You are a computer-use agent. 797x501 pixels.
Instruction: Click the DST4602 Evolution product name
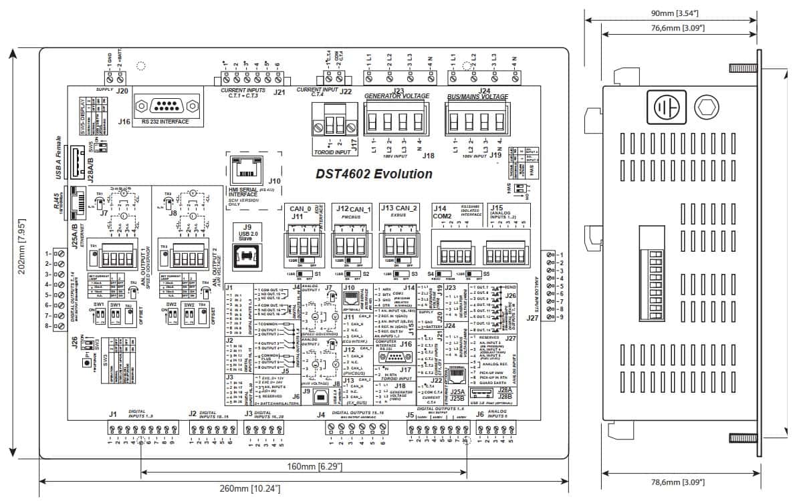[x=374, y=174]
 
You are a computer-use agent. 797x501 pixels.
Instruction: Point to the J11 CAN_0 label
[x=299, y=212]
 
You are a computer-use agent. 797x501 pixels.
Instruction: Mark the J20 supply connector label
[x=121, y=91]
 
